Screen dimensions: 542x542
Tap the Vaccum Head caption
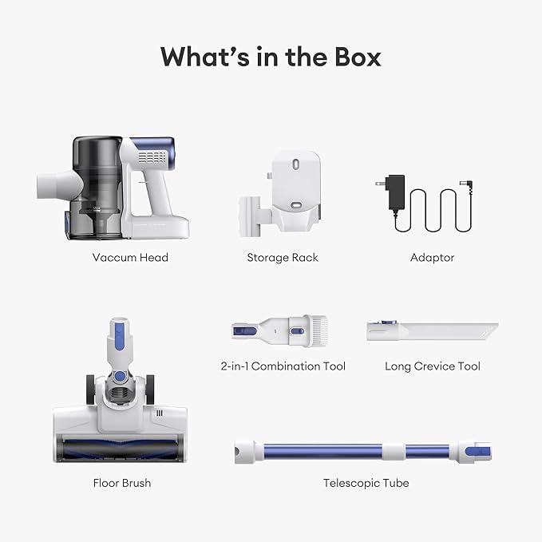(x=130, y=258)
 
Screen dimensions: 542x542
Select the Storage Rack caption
(x=283, y=258)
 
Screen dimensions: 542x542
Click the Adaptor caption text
(x=432, y=258)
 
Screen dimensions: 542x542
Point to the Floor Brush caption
(x=122, y=483)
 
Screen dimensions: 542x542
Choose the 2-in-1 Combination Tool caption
(x=283, y=366)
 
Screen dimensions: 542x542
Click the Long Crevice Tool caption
(x=433, y=366)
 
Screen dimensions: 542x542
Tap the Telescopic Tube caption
(x=366, y=483)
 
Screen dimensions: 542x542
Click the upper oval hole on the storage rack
(x=296, y=164)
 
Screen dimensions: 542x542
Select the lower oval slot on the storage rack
(x=296, y=205)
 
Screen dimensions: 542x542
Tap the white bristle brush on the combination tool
(x=318, y=331)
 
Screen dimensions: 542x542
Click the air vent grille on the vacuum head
(x=152, y=157)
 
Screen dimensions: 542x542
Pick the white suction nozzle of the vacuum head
(x=59, y=185)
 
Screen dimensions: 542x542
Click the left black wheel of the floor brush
(x=90, y=390)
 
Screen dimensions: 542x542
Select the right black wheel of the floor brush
(x=150, y=390)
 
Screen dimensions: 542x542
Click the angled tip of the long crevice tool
(x=490, y=330)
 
